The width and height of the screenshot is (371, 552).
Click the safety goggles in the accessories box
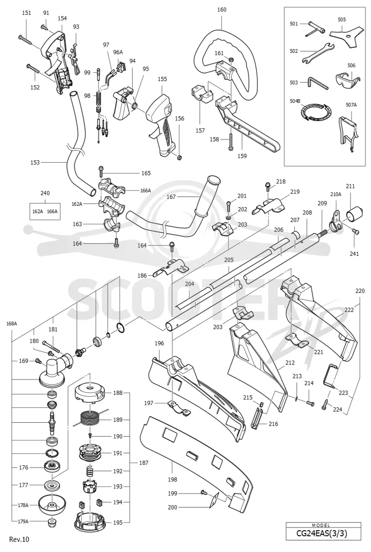coord(348,78)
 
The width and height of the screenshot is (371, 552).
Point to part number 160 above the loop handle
coord(222,10)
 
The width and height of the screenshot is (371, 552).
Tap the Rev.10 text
coord(19,539)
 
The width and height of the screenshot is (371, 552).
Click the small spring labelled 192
coord(90,471)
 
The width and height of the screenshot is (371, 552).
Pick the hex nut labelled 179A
coord(52,522)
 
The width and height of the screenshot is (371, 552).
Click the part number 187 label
coord(143,463)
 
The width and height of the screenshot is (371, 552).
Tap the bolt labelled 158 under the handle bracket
coord(231,141)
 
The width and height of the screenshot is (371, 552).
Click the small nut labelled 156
coord(179,157)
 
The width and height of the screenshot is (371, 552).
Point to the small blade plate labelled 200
coord(213,501)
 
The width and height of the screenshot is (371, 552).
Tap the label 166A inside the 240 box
coord(52,211)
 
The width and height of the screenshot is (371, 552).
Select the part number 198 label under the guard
coord(173,479)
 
